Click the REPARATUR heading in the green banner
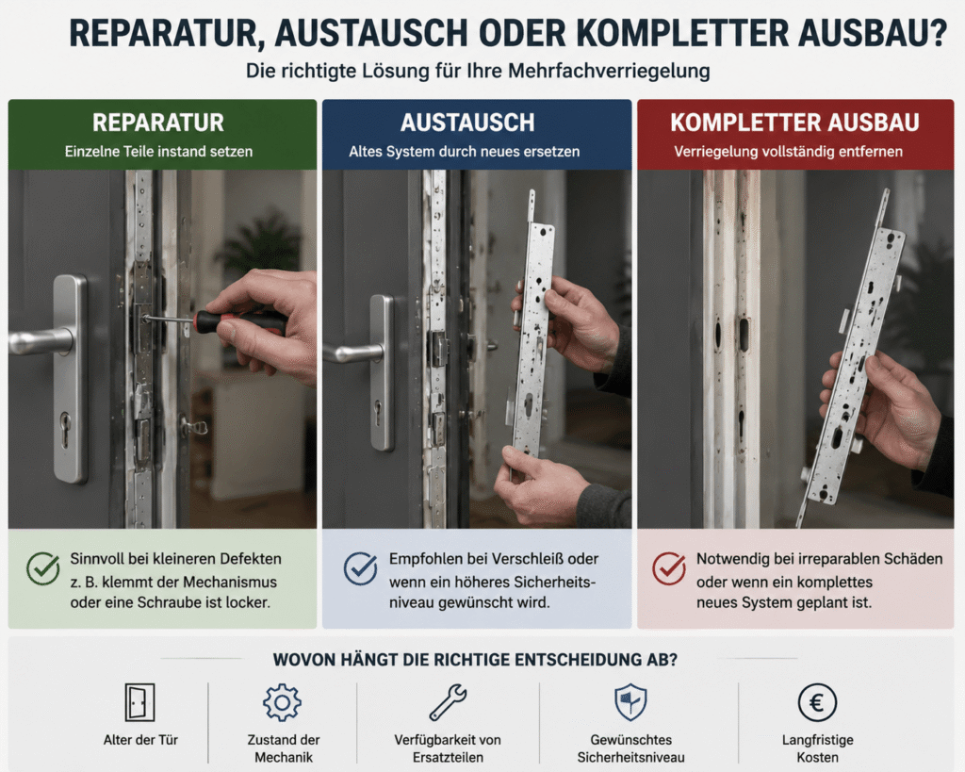click(x=158, y=123)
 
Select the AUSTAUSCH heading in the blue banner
click(x=467, y=123)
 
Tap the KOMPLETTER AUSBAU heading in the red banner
click(x=794, y=123)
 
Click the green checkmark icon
click(x=43, y=567)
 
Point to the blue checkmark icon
click(x=361, y=567)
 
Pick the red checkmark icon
click(x=669, y=567)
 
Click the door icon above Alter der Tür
click(x=139, y=702)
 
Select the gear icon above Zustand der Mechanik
click(x=282, y=702)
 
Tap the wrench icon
click(x=448, y=702)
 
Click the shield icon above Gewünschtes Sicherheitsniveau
click(x=630, y=702)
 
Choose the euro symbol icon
click(x=817, y=702)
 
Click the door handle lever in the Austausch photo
click(x=354, y=353)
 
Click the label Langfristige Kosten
click(x=817, y=748)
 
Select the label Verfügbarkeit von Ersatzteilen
click(x=448, y=748)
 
